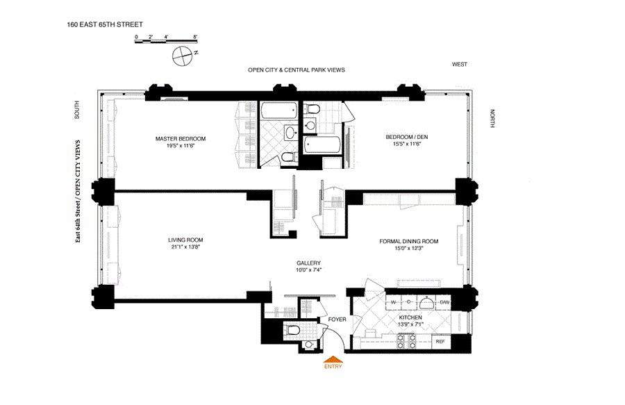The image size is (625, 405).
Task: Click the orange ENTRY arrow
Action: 333,359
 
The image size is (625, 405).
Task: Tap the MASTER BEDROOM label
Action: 181,139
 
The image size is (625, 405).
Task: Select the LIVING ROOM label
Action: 185,240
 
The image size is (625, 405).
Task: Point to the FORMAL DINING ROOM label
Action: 408,241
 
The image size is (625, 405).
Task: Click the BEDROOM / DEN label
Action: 406,137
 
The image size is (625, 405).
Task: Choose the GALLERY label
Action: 308,263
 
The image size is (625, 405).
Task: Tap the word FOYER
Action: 337,320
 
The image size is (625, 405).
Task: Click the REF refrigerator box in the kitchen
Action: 440,342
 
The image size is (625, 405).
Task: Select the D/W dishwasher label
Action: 444,302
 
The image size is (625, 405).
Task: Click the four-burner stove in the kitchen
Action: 406,342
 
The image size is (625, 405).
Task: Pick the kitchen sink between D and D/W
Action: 427,303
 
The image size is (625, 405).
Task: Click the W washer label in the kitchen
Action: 393,302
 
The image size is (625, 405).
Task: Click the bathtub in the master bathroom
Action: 279,110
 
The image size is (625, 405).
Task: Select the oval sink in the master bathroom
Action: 291,132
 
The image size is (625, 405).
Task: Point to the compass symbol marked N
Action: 183,56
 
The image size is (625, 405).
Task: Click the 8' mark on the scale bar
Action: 195,37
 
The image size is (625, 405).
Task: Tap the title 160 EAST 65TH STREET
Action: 105,24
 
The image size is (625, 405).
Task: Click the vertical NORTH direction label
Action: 492,118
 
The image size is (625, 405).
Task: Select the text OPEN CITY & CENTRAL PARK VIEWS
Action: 296,69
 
